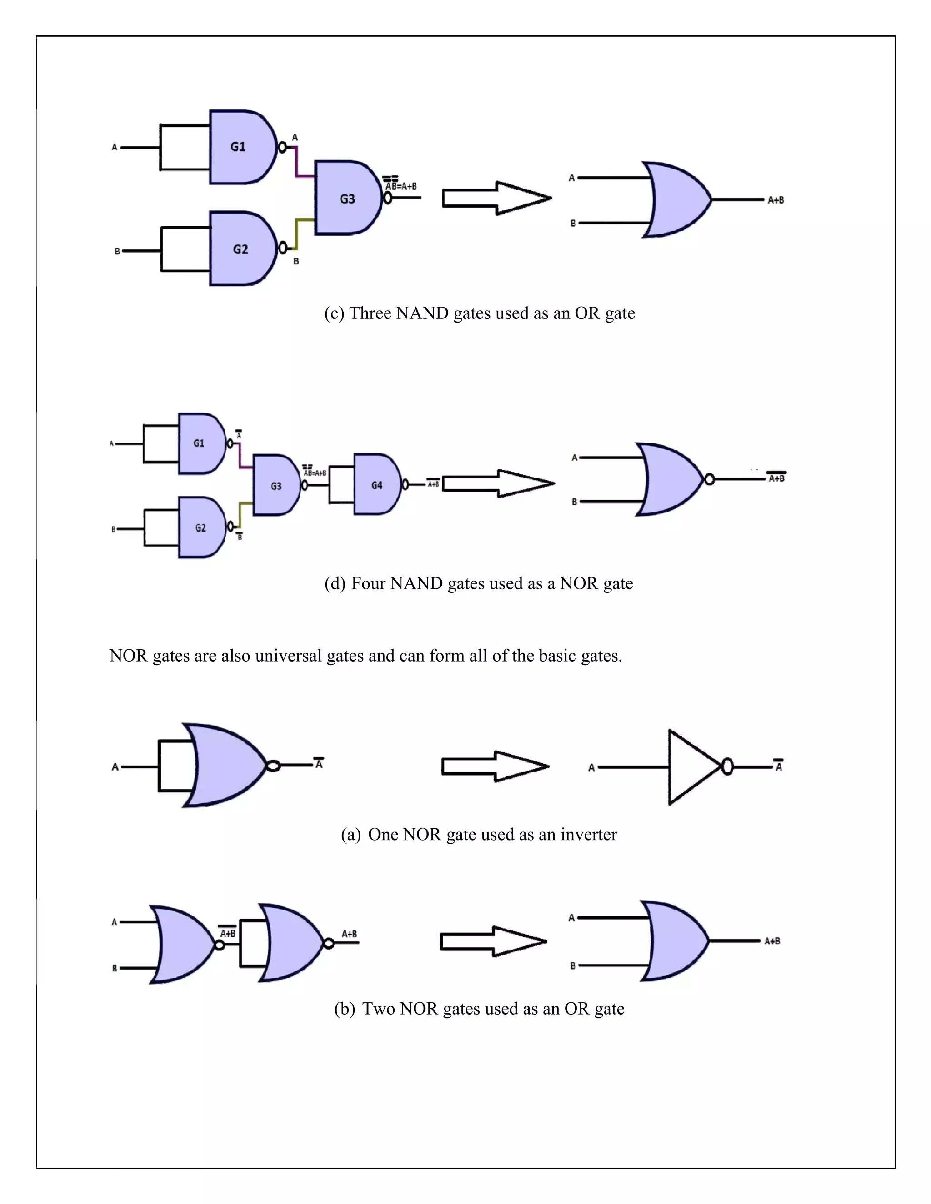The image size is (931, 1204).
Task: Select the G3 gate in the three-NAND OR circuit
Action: point(346,199)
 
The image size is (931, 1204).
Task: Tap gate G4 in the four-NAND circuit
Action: point(376,485)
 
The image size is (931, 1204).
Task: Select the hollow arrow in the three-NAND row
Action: point(496,198)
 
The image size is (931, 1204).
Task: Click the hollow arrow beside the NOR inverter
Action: point(494,766)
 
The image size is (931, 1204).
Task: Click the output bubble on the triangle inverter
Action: point(727,766)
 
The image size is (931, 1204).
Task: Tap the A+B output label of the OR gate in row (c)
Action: point(776,200)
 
